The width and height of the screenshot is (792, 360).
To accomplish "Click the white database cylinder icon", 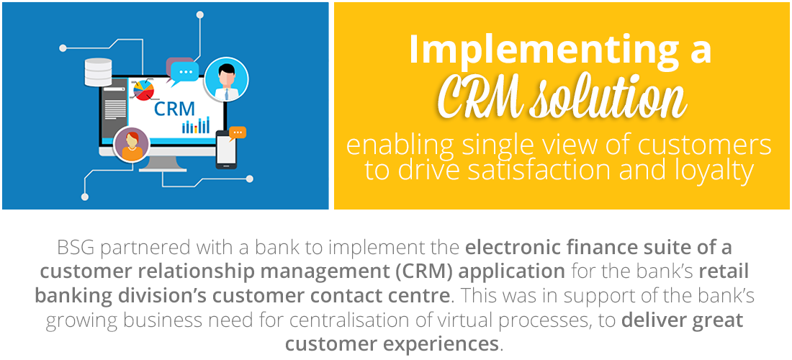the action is point(98,72).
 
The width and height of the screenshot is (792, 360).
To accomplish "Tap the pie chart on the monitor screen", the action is point(143,91).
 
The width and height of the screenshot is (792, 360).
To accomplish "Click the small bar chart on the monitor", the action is point(196,125).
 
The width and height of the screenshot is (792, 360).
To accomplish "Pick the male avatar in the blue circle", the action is point(226,79).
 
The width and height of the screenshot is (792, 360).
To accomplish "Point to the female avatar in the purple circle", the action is point(132,145).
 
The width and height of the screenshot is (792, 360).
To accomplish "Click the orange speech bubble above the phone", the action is point(237,132).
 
